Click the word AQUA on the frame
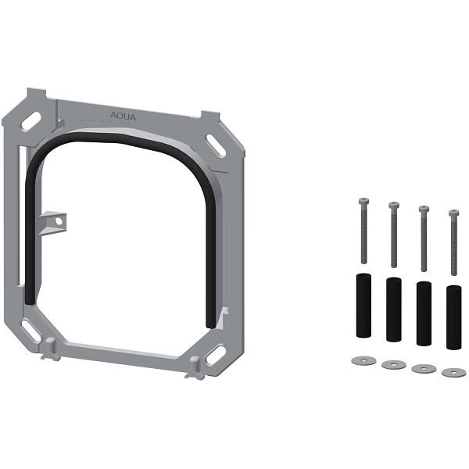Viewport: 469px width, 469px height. pos(123,116)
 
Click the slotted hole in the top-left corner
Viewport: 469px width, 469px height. pos(31,121)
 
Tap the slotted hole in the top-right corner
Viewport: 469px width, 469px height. pos(216,145)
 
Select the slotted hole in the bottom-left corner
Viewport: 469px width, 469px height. pos(31,331)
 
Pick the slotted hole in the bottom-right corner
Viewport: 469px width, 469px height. pos(216,355)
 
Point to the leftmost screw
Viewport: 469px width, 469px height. pos(363,231)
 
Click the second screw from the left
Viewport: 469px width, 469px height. pos(394,234)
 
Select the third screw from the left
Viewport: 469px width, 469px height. pos(424,238)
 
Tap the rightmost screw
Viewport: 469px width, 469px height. pos(453,242)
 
